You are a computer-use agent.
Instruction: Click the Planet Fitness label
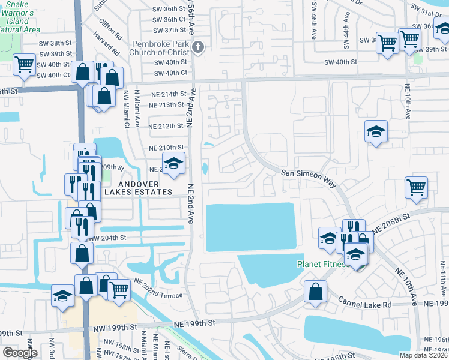click(323, 264)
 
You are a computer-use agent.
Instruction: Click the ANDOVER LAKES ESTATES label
click(137, 188)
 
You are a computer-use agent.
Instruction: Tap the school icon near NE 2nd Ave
click(173, 164)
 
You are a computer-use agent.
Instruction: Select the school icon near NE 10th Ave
click(376, 131)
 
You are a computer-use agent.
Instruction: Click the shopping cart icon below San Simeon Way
click(416, 187)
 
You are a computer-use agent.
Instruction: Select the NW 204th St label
click(107, 238)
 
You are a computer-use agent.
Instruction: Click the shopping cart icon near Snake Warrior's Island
click(25, 64)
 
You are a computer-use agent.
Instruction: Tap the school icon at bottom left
click(62, 296)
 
